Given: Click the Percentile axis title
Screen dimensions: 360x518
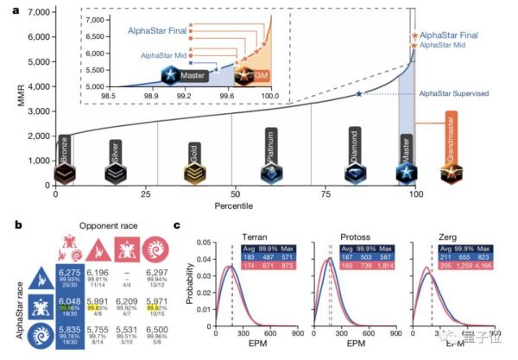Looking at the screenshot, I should coord(236,207).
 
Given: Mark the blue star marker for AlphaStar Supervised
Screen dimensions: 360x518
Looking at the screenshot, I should coord(359,93).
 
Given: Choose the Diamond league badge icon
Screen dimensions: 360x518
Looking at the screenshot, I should coord(354,174).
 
